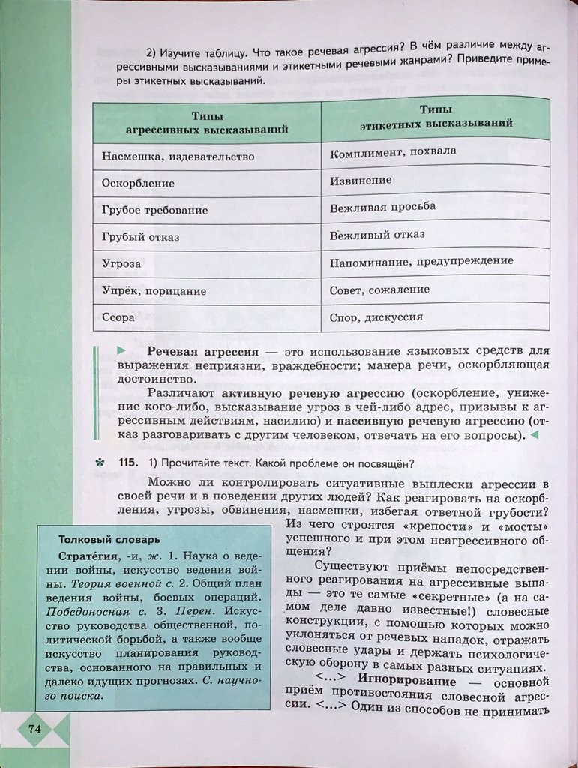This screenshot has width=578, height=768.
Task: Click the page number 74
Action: point(35,729)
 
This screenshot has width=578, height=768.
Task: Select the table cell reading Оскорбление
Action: point(138,183)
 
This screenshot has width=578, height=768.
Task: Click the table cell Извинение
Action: point(361,181)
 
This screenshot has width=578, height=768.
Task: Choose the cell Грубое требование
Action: point(154,211)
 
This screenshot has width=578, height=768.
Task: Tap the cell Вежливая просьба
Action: point(382,206)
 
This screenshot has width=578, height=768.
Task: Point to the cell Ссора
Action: point(118,317)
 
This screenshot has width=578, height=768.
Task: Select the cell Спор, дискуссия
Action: point(376,316)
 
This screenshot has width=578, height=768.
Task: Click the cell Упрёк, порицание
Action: point(154,290)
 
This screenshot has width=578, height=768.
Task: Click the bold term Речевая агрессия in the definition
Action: point(202,351)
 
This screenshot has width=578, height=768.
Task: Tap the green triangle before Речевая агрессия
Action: point(121,350)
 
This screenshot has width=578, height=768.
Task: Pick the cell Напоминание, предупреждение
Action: point(421,261)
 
